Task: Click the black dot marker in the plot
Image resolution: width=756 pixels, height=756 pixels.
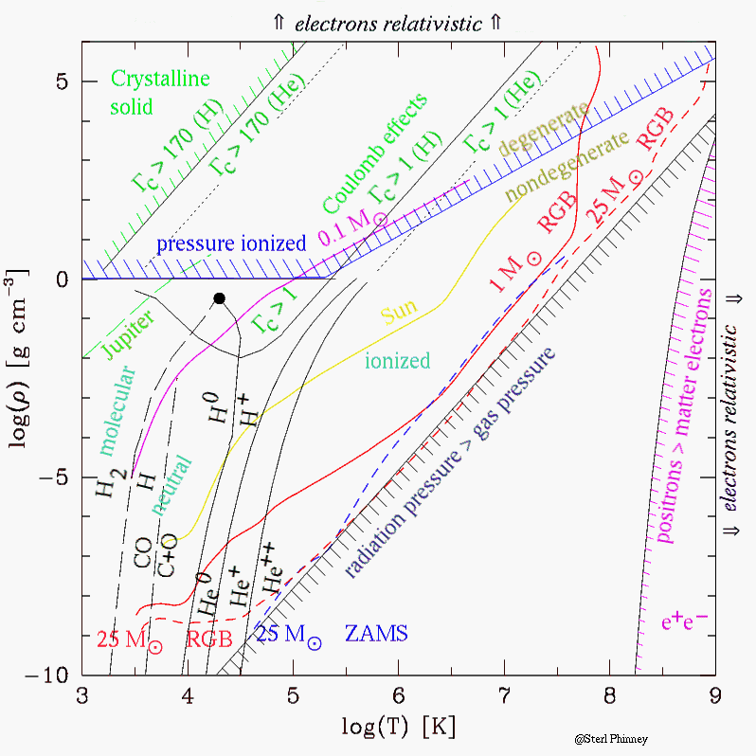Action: click(219, 297)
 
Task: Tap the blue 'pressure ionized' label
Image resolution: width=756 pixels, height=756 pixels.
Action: click(232, 243)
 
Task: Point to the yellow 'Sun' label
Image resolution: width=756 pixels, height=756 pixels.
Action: click(399, 315)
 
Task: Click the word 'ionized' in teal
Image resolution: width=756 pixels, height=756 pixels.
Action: click(399, 360)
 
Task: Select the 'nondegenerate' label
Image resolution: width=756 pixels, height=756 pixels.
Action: click(567, 168)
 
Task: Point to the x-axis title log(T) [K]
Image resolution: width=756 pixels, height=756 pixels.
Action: click(399, 728)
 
